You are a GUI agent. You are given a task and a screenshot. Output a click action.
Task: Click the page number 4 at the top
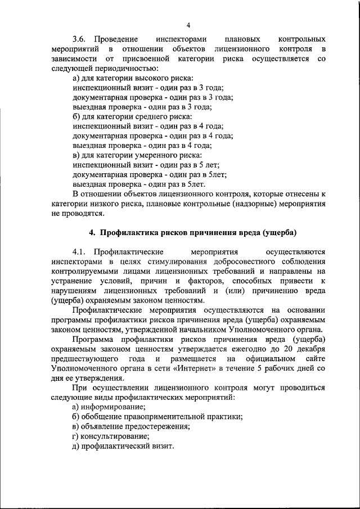click(x=188, y=24)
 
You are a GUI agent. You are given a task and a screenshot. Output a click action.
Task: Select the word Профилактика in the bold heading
click(x=127, y=232)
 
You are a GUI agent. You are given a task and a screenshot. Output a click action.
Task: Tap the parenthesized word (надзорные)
click(x=246, y=203)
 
